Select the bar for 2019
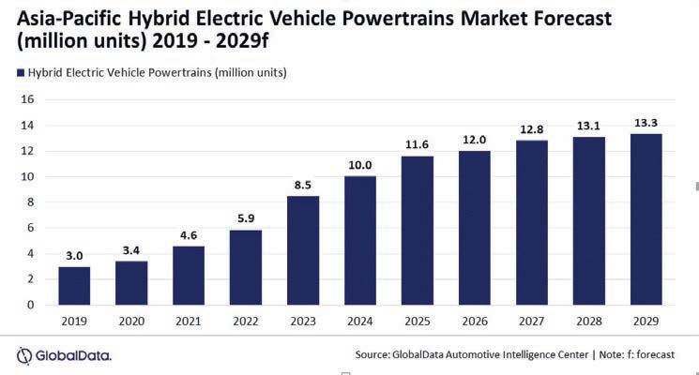74,286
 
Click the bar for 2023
303,250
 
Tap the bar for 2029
646,219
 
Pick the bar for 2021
189,275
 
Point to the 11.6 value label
418,143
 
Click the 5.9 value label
246,217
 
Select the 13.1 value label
589,125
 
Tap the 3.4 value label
131,249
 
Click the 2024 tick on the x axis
360,321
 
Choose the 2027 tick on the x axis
532,321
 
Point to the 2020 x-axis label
131,321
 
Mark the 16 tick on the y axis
27,99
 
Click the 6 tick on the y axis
31,228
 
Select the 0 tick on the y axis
31,305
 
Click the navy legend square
19,72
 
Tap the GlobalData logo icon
25,354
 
